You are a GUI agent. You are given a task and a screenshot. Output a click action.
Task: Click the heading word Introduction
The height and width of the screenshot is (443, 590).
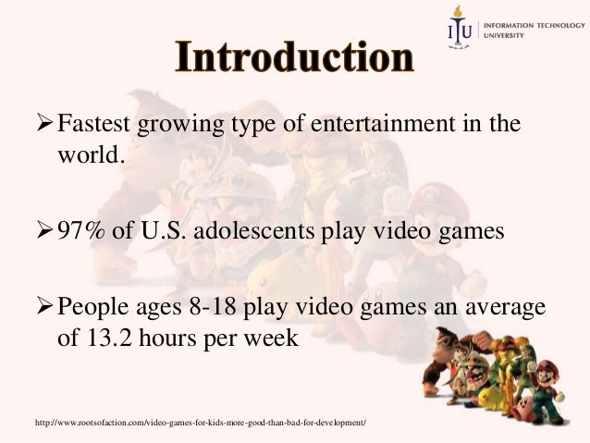(295, 58)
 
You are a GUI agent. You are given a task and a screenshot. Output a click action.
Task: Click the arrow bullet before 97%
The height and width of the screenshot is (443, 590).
(43, 231)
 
